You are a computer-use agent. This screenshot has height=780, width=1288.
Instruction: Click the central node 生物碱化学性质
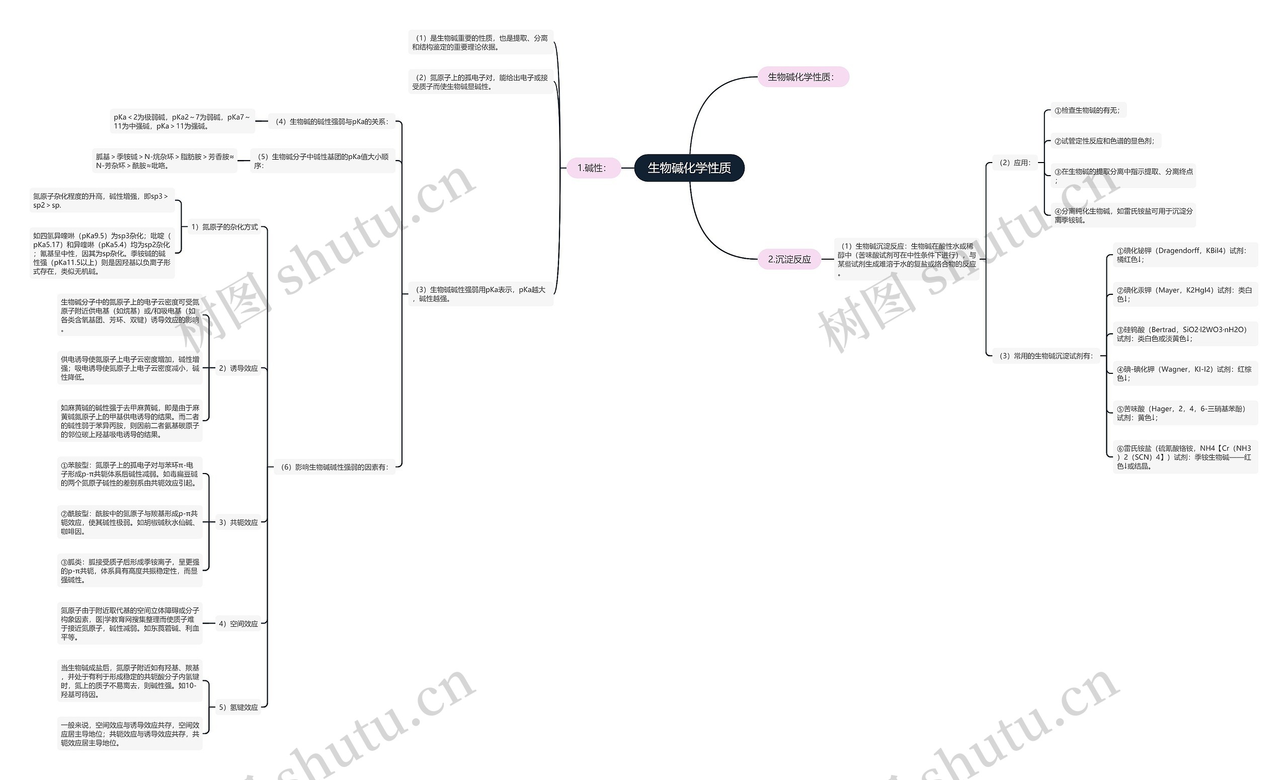pos(689,168)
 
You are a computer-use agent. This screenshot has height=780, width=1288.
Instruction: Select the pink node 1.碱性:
pos(593,168)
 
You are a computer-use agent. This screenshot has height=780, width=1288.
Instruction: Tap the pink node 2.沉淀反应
pos(789,259)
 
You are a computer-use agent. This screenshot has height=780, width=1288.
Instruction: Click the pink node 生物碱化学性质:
pos(803,77)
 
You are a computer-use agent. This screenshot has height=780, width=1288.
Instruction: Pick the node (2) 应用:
pos(1015,163)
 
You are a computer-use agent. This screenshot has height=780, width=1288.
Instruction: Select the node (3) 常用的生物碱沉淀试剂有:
pos(1045,356)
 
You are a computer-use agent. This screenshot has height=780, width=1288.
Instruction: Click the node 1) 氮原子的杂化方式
pos(224,227)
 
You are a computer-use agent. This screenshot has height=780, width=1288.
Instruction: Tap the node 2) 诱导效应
pos(238,368)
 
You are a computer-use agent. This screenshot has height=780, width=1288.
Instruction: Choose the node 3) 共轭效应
pos(238,522)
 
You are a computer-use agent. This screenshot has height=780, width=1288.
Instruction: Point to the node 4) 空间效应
pos(238,623)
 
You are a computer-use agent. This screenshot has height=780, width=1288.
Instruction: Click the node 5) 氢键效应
pos(238,708)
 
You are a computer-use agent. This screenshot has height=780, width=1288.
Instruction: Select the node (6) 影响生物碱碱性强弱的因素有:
pos(335,467)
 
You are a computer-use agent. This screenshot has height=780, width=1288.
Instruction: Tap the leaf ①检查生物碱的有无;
pos(1087,110)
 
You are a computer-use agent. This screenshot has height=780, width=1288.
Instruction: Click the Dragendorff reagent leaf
pos(1184,255)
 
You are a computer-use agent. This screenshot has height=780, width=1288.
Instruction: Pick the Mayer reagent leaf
pos(1184,294)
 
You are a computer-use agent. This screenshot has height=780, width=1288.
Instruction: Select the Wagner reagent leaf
pos(1184,373)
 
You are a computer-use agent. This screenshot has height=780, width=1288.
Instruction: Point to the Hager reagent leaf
pos(1184,413)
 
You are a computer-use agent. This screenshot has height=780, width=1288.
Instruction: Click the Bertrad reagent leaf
pos(1184,334)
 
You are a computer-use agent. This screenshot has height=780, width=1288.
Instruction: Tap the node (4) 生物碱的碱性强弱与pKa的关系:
pos(332,122)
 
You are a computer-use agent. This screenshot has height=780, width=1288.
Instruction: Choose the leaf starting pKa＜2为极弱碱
pos(182,121)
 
